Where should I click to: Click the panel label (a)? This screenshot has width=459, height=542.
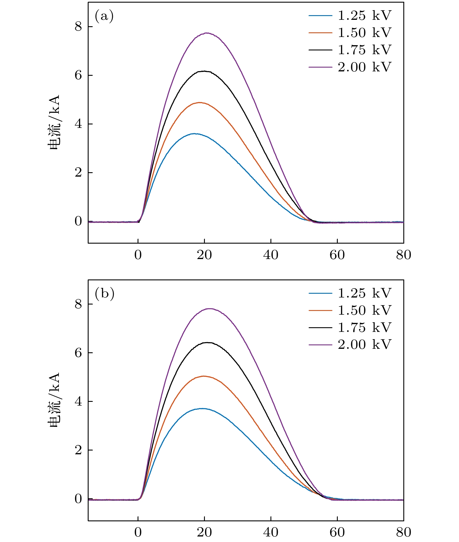coord(104,16)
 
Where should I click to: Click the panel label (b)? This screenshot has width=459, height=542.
coord(104,294)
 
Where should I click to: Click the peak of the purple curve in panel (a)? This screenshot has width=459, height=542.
coord(207,33)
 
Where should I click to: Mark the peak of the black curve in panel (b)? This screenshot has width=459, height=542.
coord(208,342)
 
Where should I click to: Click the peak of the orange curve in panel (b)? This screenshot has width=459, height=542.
coord(203,376)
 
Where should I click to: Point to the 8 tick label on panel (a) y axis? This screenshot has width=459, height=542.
coord(78,27)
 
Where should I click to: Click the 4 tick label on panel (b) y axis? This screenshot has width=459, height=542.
coord(78,402)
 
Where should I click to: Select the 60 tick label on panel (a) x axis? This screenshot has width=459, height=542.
coord(337,255)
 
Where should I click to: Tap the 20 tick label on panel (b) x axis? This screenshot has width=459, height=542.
coord(204,533)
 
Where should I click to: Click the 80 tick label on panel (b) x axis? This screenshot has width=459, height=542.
coord(403,533)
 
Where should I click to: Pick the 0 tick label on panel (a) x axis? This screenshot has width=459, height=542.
coord(138,255)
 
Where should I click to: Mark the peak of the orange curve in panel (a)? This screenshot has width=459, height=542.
coord(200,103)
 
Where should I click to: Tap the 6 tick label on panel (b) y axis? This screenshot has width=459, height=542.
coord(78,353)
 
